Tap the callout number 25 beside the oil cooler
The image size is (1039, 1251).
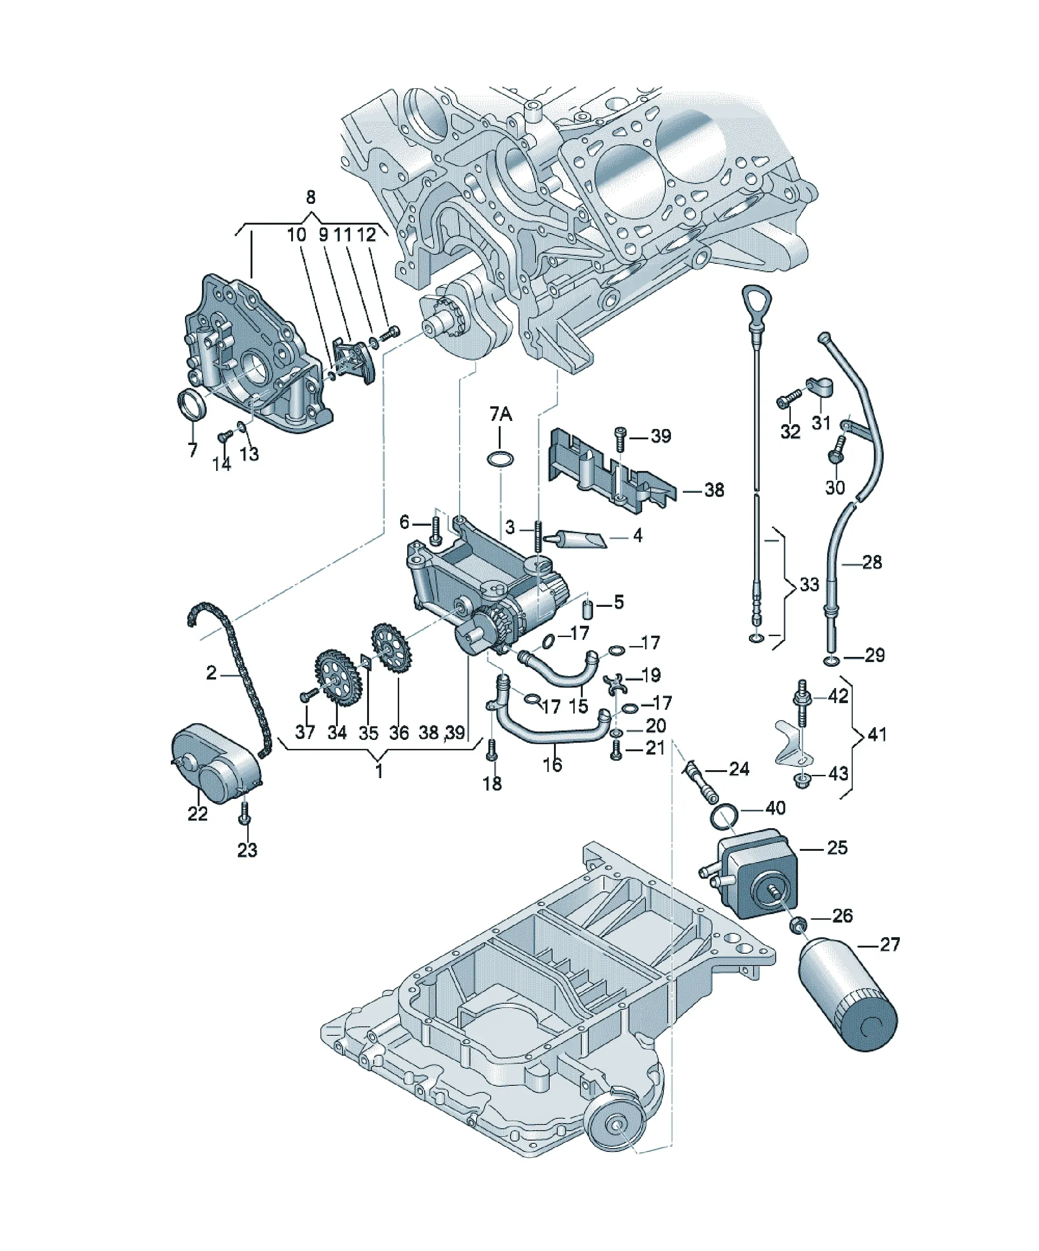pos(837,848)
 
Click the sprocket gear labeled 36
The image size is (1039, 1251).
pos(391,647)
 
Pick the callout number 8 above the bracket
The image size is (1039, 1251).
pos(310,197)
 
